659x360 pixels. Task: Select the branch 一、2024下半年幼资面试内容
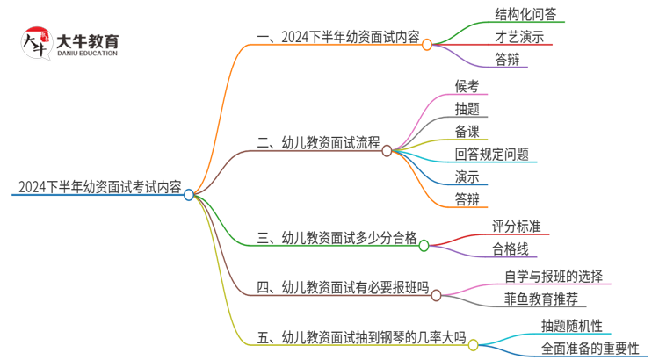pyautogui.click(x=337, y=37)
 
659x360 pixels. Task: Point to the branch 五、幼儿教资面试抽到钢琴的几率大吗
pyautogui.click(x=360, y=335)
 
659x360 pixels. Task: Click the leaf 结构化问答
pyautogui.click(x=525, y=14)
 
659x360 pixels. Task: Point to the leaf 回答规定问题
pyautogui.click(x=492, y=155)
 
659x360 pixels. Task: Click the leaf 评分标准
pyautogui.click(x=517, y=227)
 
